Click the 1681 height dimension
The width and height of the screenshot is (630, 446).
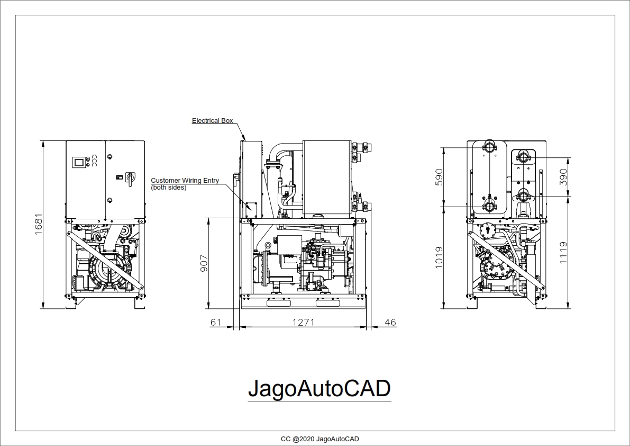click(38, 225)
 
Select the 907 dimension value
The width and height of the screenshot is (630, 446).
click(204, 263)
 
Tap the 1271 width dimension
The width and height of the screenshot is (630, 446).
click(303, 322)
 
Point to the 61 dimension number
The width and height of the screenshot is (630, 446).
click(216, 322)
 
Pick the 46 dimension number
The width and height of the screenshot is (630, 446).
click(390, 322)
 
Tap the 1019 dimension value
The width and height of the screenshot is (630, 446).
click(439, 257)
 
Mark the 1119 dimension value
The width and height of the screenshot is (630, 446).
click(563, 253)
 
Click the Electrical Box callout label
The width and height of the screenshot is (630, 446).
click(212, 121)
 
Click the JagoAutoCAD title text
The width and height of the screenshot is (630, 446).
click(319, 388)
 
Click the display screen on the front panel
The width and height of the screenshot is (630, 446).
click(79, 162)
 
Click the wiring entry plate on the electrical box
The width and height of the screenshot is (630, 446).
click(250, 209)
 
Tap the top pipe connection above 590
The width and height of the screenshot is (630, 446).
click(490, 147)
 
